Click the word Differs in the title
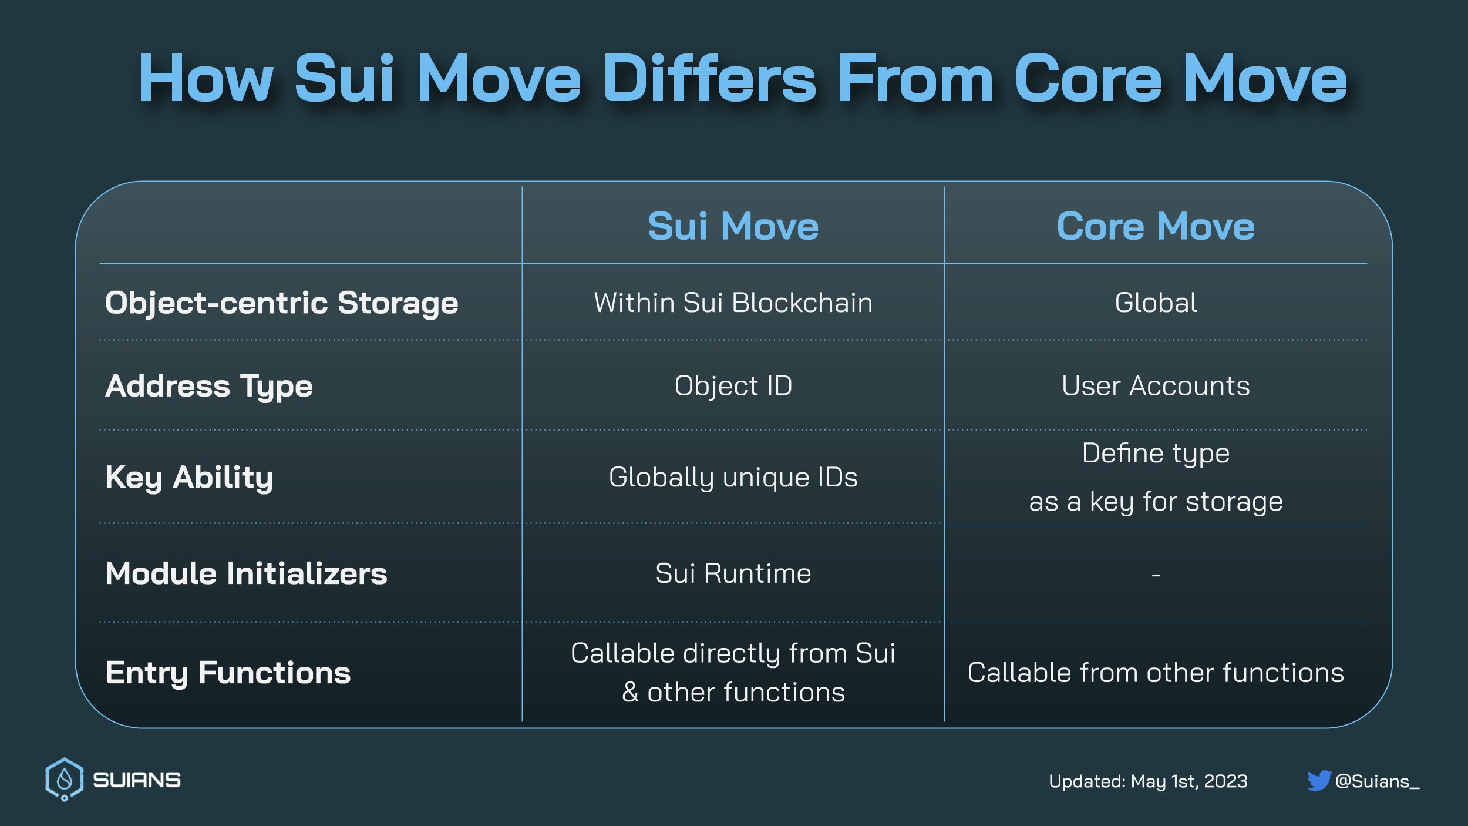(x=709, y=79)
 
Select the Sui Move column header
(x=733, y=226)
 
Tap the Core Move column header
(x=1155, y=226)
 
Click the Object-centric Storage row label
(x=281, y=303)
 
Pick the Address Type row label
(x=208, y=386)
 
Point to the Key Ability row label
(x=189, y=477)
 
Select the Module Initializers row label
(x=246, y=573)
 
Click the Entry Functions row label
(x=228, y=672)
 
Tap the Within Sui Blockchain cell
(x=733, y=303)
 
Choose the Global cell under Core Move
(x=1155, y=303)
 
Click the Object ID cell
(x=733, y=386)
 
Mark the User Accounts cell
(x=1155, y=386)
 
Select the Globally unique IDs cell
(x=733, y=477)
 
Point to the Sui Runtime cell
(x=733, y=573)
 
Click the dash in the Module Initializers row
(x=1155, y=575)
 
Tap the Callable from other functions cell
(x=1155, y=672)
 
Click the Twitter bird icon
(x=1318, y=781)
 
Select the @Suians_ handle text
(x=1377, y=781)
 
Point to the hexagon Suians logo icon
(x=64, y=779)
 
